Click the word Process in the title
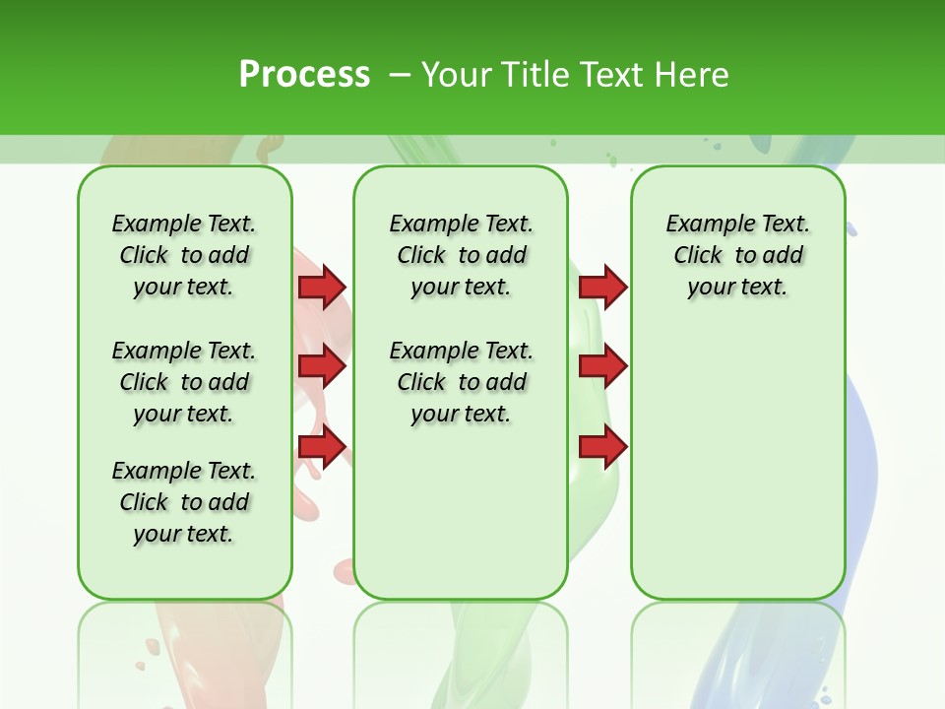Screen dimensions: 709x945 point(304,74)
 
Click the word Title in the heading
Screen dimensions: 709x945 point(532,74)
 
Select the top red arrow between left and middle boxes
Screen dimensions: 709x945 point(322,287)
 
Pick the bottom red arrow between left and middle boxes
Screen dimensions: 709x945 point(322,447)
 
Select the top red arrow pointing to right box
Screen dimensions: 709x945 point(602,287)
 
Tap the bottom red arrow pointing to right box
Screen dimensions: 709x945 point(602,447)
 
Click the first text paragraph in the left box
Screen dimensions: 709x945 point(184,255)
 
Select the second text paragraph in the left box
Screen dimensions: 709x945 point(184,382)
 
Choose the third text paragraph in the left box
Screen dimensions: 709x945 point(184,502)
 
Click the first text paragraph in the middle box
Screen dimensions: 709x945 point(461,255)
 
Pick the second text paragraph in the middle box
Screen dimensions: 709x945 point(461,382)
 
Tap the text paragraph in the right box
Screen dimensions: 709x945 point(737,255)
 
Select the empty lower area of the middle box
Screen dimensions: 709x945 point(461,512)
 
